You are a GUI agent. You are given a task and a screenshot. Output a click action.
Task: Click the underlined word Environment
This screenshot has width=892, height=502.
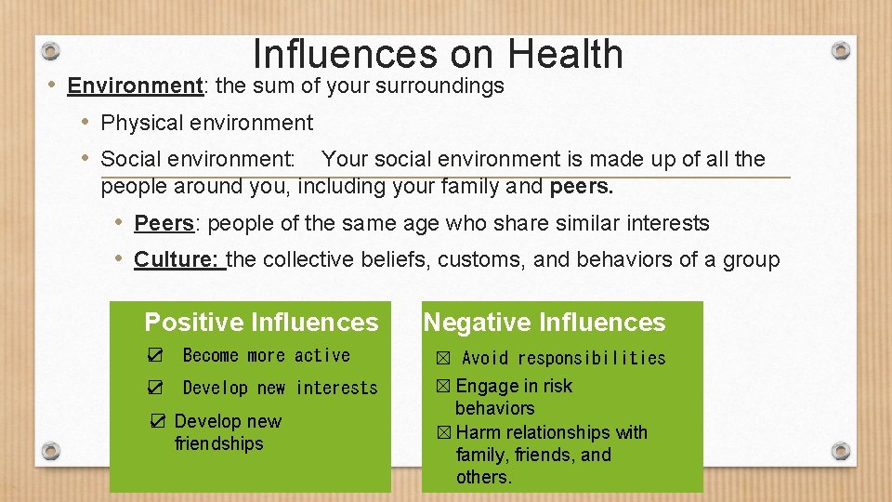[135, 86]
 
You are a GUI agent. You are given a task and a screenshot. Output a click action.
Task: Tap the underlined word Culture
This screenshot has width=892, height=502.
[177, 260]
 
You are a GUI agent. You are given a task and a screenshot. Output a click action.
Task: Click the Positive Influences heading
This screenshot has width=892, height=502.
[261, 323]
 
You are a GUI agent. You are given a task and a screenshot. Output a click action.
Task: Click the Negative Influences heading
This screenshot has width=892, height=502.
[544, 323]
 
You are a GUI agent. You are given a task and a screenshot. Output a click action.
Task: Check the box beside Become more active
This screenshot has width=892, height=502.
[156, 355]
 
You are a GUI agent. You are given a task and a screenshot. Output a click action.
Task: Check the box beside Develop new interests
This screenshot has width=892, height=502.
[156, 388]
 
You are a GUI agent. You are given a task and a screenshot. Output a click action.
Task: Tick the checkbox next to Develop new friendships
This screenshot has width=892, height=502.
[159, 421]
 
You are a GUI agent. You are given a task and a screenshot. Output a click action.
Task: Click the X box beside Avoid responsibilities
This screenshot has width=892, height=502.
[443, 358]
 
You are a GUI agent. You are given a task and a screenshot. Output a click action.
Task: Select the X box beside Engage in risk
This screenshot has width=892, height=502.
[444, 386]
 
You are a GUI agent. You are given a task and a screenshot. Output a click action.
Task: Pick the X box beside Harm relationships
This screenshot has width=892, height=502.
[444, 432]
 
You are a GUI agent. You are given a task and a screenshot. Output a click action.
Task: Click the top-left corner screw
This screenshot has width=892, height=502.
[52, 49]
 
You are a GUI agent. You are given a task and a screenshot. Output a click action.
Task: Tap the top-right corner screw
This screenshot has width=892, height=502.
[840, 49]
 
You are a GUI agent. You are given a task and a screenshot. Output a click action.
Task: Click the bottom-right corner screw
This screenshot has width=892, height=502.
[840, 451]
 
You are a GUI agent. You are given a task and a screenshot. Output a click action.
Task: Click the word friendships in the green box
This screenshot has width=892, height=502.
[218, 443]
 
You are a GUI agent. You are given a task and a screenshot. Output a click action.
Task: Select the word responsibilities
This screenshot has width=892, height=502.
[591, 358]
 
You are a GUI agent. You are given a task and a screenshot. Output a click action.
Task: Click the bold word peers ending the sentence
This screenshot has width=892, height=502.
[582, 187]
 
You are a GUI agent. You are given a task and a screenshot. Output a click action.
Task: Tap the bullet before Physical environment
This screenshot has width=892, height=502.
[85, 122]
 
